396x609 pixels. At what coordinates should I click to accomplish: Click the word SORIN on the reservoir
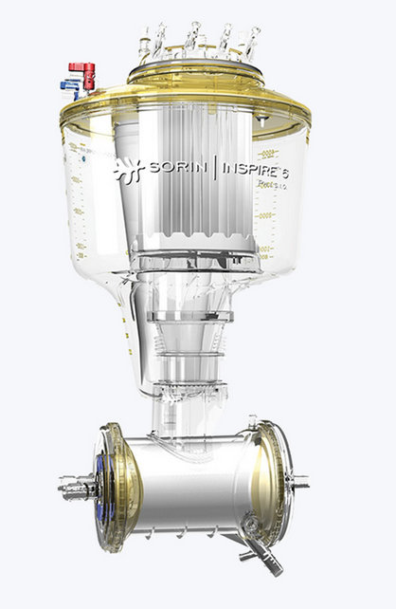pyautogui.click(x=181, y=170)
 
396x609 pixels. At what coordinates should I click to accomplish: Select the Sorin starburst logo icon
pyautogui.click(x=128, y=171)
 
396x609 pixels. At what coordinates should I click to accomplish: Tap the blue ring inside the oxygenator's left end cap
pyautogui.click(x=99, y=484)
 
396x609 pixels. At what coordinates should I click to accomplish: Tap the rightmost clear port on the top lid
pyautogui.click(x=253, y=40)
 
